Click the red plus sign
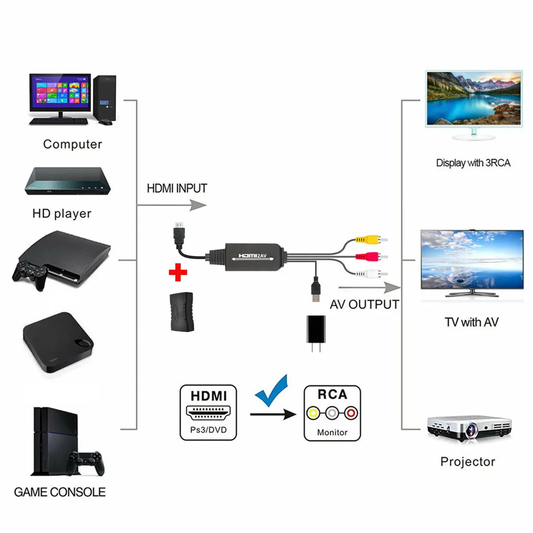click(x=177, y=272)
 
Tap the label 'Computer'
click(x=72, y=144)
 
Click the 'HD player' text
click(x=61, y=213)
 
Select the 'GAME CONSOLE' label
click(x=59, y=492)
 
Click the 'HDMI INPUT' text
click(x=177, y=188)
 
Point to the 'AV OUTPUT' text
click(x=364, y=304)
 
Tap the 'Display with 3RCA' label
click(x=473, y=163)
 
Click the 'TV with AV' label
click(x=471, y=322)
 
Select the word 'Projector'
click(x=467, y=461)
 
